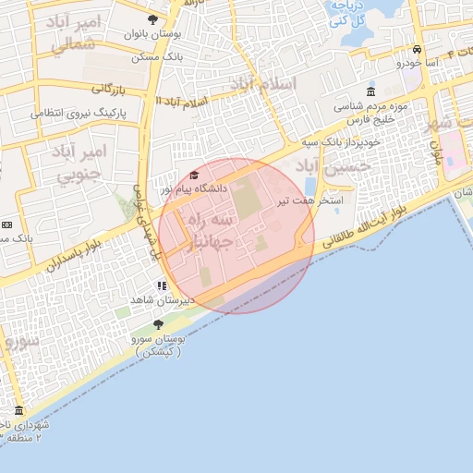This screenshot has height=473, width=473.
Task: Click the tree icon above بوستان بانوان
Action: [152, 19]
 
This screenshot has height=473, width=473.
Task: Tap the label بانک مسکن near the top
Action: [154, 57]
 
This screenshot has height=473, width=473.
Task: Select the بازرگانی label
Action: [106, 90]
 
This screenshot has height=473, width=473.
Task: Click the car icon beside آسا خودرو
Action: [418, 50]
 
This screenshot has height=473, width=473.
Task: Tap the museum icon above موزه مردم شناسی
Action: [370, 91]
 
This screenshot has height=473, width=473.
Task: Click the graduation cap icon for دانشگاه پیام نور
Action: [194, 176]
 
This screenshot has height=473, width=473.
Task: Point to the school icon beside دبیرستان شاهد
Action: [163, 286]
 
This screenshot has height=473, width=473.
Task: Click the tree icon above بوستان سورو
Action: [157, 324]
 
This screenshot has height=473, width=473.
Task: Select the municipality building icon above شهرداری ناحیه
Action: [18, 410]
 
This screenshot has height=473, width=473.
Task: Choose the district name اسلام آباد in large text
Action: [265, 86]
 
